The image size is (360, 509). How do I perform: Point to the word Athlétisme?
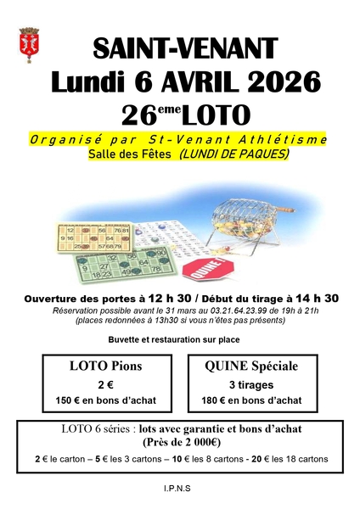282,138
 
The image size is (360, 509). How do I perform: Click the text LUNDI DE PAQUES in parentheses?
234,154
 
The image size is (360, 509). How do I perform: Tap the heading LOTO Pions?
105,366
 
